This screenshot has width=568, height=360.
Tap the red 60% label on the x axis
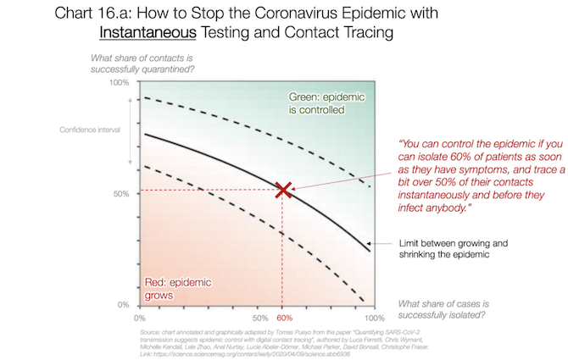tap(283, 315)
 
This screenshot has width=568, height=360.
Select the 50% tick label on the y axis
tap(122, 194)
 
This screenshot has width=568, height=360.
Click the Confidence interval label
tap(88, 130)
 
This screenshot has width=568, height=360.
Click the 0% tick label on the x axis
tap(141, 315)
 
